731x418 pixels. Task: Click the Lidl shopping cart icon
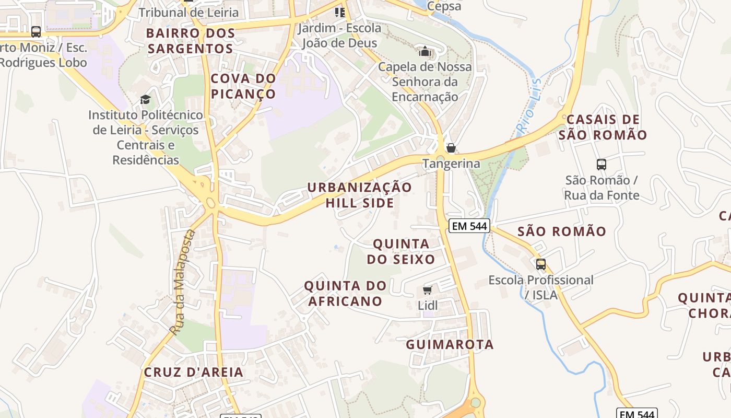[428, 290]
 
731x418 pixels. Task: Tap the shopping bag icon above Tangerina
[451, 148]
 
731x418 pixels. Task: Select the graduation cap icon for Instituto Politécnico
[145, 99]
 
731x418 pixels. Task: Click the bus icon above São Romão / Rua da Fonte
[602, 165]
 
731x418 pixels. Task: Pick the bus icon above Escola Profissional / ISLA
[540, 264]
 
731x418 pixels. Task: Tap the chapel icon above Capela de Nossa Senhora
[425, 51]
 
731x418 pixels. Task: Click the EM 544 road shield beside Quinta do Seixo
[469, 226]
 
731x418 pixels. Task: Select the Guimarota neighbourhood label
[450, 344]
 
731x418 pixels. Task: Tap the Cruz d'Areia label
[193, 372]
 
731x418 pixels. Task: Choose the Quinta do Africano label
[345, 293]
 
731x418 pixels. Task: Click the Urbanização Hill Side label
[359, 195]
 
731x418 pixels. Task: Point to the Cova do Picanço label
[243, 86]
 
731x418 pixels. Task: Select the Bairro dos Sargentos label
[190, 41]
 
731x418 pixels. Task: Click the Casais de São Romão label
[603, 127]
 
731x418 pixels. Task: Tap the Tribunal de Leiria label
[188, 12]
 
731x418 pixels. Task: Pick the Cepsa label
[444, 6]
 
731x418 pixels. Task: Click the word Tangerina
[451, 164]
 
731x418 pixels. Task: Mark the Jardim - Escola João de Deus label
[339, 35]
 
